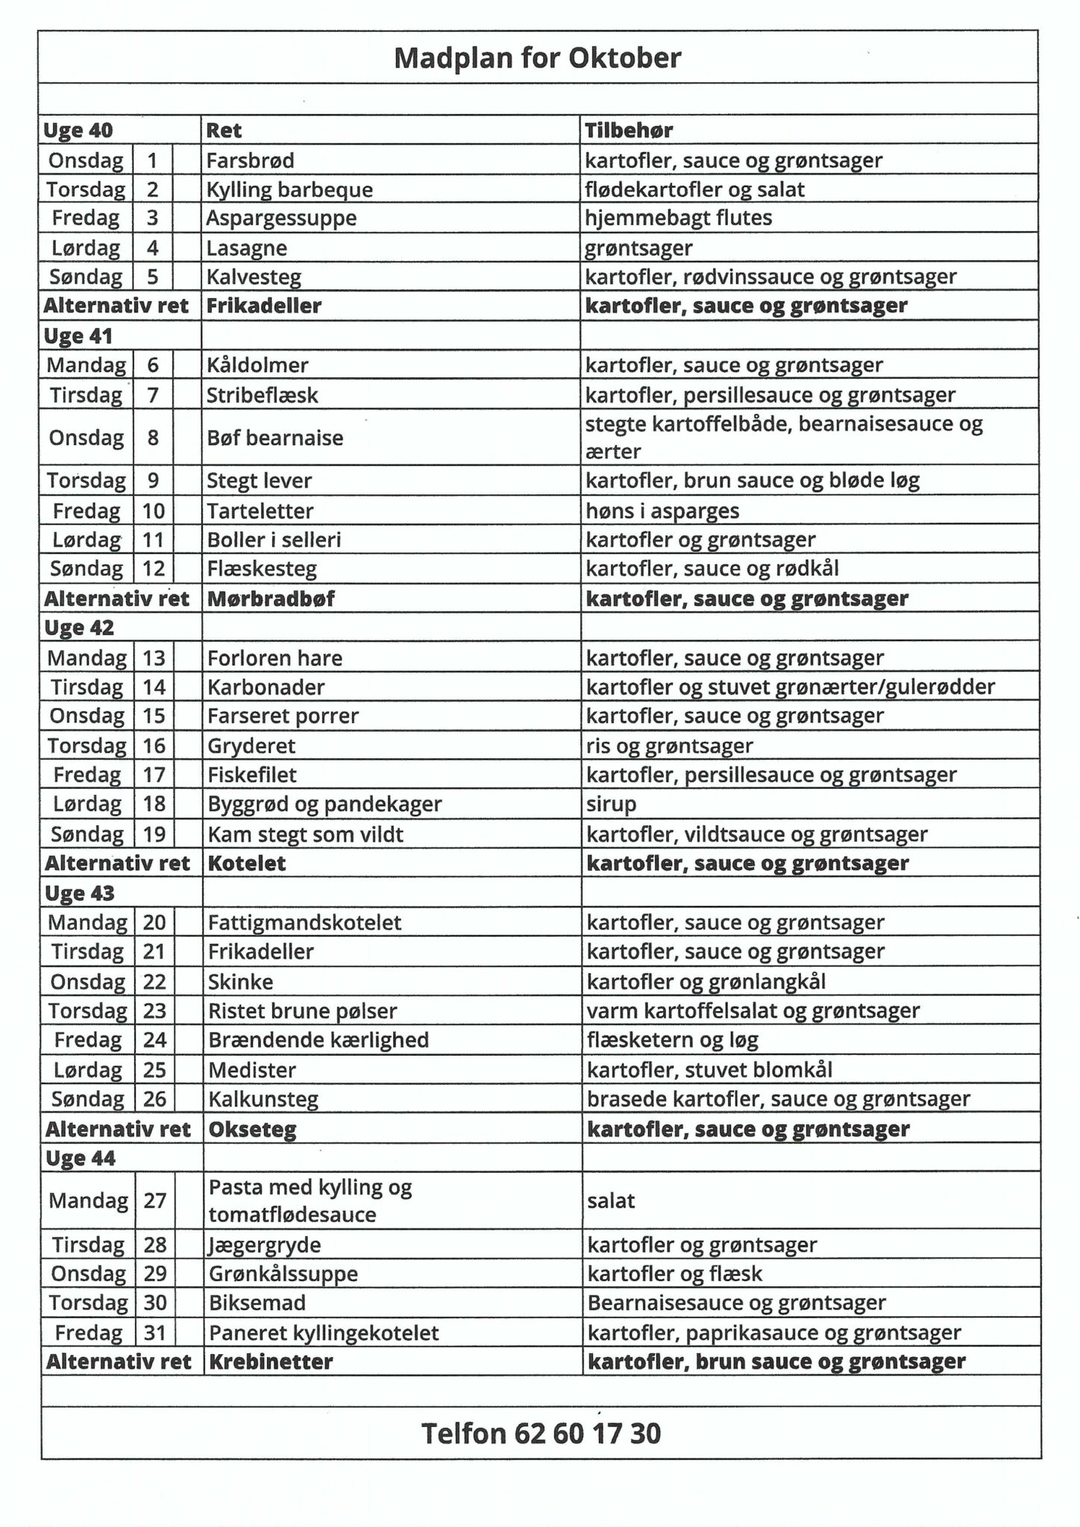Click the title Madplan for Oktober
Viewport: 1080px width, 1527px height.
(537, 58)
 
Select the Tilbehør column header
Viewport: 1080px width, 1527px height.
(629, 130)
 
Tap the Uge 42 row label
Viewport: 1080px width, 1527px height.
(79, 628)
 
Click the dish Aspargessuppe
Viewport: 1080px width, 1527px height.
(281, 218)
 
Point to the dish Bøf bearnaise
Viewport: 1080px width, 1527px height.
(274, 438)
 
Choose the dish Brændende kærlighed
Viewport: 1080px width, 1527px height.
(318, 1040)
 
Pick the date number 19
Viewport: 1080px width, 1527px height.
(154, 834)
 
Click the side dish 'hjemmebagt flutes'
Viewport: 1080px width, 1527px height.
(678, 218)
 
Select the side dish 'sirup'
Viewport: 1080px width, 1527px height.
(611, 804)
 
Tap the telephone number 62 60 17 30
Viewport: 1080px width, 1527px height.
(541, 1433)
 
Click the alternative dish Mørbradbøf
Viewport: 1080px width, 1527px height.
(271, 599)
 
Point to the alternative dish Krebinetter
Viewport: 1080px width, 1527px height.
(271, 1361)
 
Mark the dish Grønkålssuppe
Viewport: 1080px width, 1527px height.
(283, 1273)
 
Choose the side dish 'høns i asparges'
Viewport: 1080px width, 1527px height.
(662, 511)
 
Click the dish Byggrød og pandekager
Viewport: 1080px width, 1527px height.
(324, 804)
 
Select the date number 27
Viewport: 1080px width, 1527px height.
(154, 1200)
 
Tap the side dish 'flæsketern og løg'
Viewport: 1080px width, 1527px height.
(672, 1040)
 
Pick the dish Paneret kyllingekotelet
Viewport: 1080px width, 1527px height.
(324, 1332)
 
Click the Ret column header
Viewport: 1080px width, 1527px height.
(224, 130)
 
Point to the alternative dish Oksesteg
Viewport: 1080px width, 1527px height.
(252, 1130)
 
